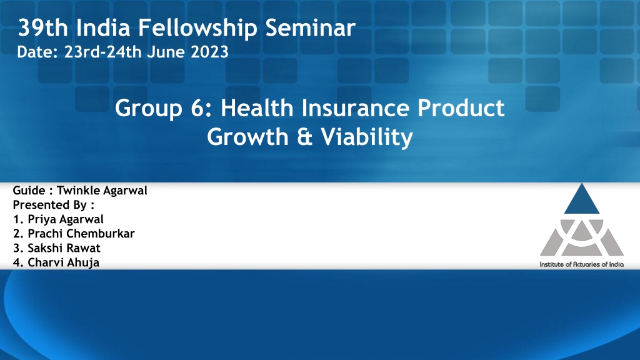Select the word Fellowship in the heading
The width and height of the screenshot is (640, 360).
tap(197, 27)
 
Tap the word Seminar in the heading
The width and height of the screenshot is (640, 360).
tap(310, 27)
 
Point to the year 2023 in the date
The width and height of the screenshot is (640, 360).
tap(210, 52)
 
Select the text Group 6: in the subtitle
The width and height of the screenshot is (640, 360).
tap(164, 108)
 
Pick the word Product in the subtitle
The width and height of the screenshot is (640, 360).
tap(461, 108)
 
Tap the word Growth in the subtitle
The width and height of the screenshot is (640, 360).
tap(247, 137)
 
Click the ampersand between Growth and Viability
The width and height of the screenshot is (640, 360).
tap(304, 137)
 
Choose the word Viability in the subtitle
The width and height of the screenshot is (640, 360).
tap(366, 137)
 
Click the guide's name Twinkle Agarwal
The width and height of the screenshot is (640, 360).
tap(102, 191)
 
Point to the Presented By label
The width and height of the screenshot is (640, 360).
tap(54, 205)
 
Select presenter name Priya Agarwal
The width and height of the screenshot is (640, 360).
tap(65, 219)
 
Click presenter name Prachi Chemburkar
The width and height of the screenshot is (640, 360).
tap(81, 234)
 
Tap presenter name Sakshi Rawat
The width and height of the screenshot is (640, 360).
tap(64, 248)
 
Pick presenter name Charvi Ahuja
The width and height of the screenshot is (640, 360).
tap(63, 262)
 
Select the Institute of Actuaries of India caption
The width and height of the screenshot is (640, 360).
tap(582, 264)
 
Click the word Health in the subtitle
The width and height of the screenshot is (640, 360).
tap(257, 108)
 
